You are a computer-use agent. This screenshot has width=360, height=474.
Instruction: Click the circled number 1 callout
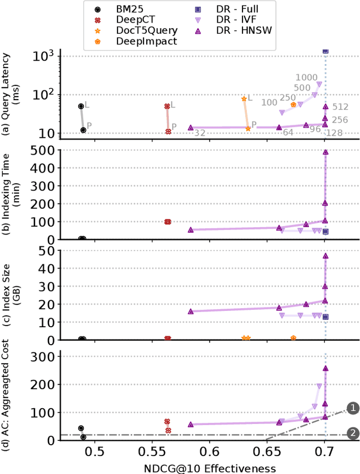coord(353,408)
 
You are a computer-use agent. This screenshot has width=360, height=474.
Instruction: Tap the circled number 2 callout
coord(353,434)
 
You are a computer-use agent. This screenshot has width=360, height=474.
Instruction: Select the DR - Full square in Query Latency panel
coord(325,51)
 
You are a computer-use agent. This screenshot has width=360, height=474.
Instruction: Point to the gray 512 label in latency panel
coord(340,107)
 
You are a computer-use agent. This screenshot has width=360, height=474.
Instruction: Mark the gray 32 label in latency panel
coord(200,133)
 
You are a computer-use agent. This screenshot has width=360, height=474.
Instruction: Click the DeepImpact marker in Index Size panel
coord(293,338)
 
